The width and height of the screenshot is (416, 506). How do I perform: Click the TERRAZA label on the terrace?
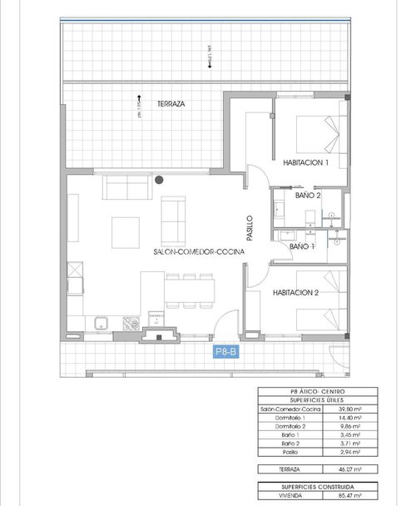point(171,104)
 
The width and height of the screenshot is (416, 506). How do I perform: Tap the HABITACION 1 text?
point(305,162)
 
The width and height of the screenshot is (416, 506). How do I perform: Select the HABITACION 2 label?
point(296,292)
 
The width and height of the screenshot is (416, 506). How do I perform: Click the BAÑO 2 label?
point(307,196)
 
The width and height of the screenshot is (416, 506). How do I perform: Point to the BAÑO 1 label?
point(302,247)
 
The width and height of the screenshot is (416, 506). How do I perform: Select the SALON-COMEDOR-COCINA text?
point(193,251)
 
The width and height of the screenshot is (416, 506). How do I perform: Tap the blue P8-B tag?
point(226,352)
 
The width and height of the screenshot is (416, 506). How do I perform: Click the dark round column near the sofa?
point(159,179)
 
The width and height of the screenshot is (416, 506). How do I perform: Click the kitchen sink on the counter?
point(102,322)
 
